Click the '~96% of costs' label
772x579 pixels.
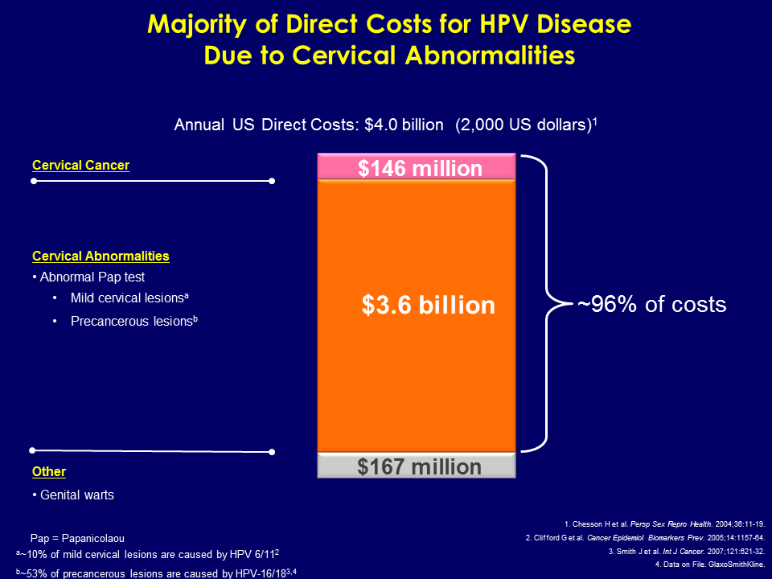[x=652, y=304]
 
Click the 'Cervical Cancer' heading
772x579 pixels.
[x=80, y=165]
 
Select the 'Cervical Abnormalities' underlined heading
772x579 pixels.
[x=101, y=256]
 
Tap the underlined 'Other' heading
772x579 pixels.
[x=49, y=471]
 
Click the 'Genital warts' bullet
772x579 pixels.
[x=76, y=495]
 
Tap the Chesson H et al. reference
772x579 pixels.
[x=665, y=523]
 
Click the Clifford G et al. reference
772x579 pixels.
[x=647, y=536]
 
